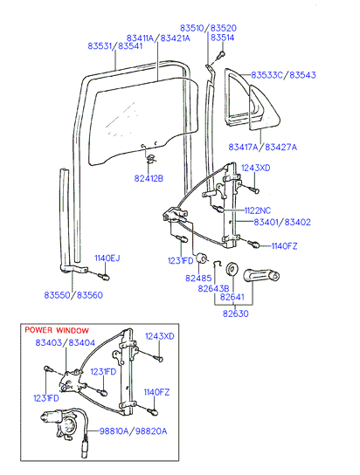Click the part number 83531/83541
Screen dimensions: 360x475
click(115, 46)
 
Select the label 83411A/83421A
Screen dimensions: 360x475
click(158, 38)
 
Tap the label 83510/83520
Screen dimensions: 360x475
click(208, 28)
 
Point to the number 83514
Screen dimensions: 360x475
click(223, 38)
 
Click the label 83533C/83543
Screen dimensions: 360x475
click(283, 75)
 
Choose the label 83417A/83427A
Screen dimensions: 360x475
click(263, 148)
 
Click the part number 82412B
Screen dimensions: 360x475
click(149, 178)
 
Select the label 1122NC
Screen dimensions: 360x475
click(258, 210)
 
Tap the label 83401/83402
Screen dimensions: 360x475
click(282, 222)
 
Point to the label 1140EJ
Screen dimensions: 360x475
click(107, 258)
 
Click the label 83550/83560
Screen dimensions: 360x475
click(73, 295)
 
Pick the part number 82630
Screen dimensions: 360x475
click(235, 313)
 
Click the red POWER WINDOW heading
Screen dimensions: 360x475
click(57, 330)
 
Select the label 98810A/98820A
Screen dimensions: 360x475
click(134, 431)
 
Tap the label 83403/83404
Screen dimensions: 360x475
click(66, 342)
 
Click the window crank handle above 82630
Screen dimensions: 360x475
click(261, 275)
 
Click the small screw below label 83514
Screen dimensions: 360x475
click(221, 55)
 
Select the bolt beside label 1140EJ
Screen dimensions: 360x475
click(104, 276)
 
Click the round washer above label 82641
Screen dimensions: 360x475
click(232, 269)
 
